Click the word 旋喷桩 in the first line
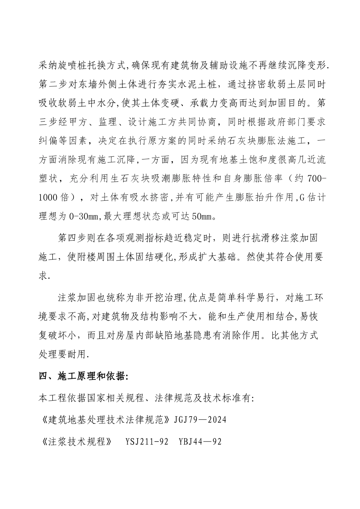click(75, 65)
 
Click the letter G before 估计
click(302, 198)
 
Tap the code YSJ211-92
click(146, 442)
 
